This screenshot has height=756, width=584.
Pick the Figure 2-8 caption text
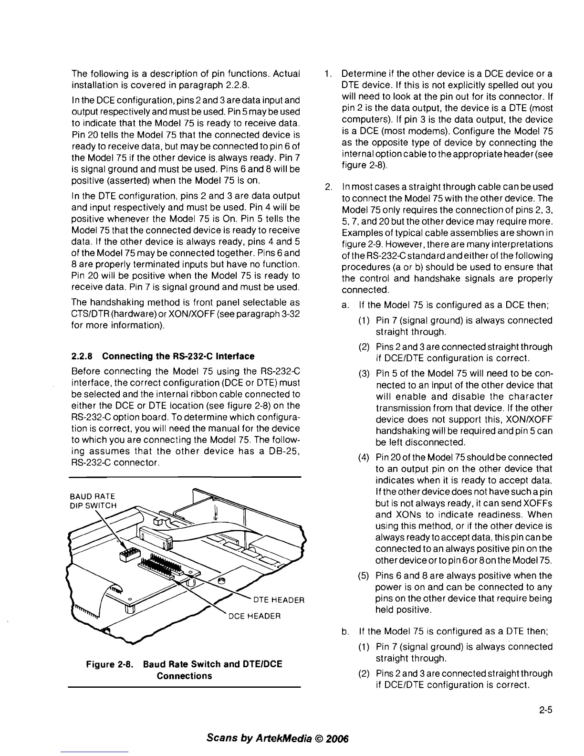(184, 670)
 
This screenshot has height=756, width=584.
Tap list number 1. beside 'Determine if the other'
(326, 74)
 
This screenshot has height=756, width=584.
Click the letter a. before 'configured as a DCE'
(344, 305)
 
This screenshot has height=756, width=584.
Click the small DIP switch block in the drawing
(127, 554)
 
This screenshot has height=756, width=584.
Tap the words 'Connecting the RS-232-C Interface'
(178, 356)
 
